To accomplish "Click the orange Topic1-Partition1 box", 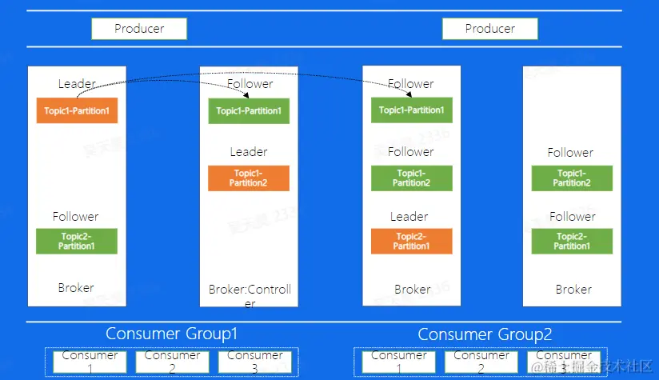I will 77,110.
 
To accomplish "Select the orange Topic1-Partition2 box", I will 248,178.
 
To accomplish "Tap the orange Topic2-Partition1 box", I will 411,241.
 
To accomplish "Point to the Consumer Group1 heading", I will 172,334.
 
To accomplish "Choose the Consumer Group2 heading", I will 485,334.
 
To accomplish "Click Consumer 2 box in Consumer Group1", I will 172,362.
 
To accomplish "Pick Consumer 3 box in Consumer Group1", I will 254,362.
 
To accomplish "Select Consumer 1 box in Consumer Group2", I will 399,362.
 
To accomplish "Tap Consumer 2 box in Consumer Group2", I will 481,362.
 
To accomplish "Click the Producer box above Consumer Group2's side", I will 490,29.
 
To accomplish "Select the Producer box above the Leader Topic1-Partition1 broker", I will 139,29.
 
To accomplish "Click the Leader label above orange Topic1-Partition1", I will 77,83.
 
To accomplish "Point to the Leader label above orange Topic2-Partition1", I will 409,216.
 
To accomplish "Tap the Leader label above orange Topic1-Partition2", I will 249,152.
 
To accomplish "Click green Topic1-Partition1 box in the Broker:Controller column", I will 249,110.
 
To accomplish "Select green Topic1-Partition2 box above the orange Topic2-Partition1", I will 411,178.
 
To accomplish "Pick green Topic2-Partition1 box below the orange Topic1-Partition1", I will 77,241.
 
